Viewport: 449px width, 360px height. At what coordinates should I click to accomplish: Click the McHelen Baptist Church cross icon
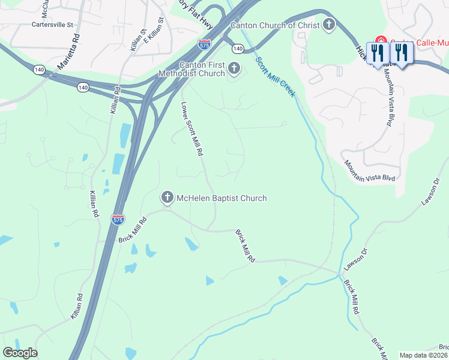pyautogui.click(x=167, y=197)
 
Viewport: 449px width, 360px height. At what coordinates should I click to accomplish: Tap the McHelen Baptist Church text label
pyautogui.click(x=221, y=198)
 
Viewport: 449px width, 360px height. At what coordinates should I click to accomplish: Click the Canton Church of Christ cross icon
pyautogui.click(x=329, y=25)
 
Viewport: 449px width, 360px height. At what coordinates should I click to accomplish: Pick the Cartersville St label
pyautogui.click(x=52, y=25)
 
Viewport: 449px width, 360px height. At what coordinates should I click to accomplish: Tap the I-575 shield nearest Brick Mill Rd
pyautogui.click(x=118, y=220)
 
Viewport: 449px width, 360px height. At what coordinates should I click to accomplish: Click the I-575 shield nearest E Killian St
pyautogui.click(x=203, y=44)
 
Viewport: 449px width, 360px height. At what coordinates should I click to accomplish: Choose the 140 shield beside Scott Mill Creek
pyautogui.click(x=238, y=48)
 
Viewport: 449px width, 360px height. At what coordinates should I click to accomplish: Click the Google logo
pyautogui.click(x=20, y=353)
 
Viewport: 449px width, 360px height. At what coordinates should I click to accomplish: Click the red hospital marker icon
pyautogui.click(x=379, y=41)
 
